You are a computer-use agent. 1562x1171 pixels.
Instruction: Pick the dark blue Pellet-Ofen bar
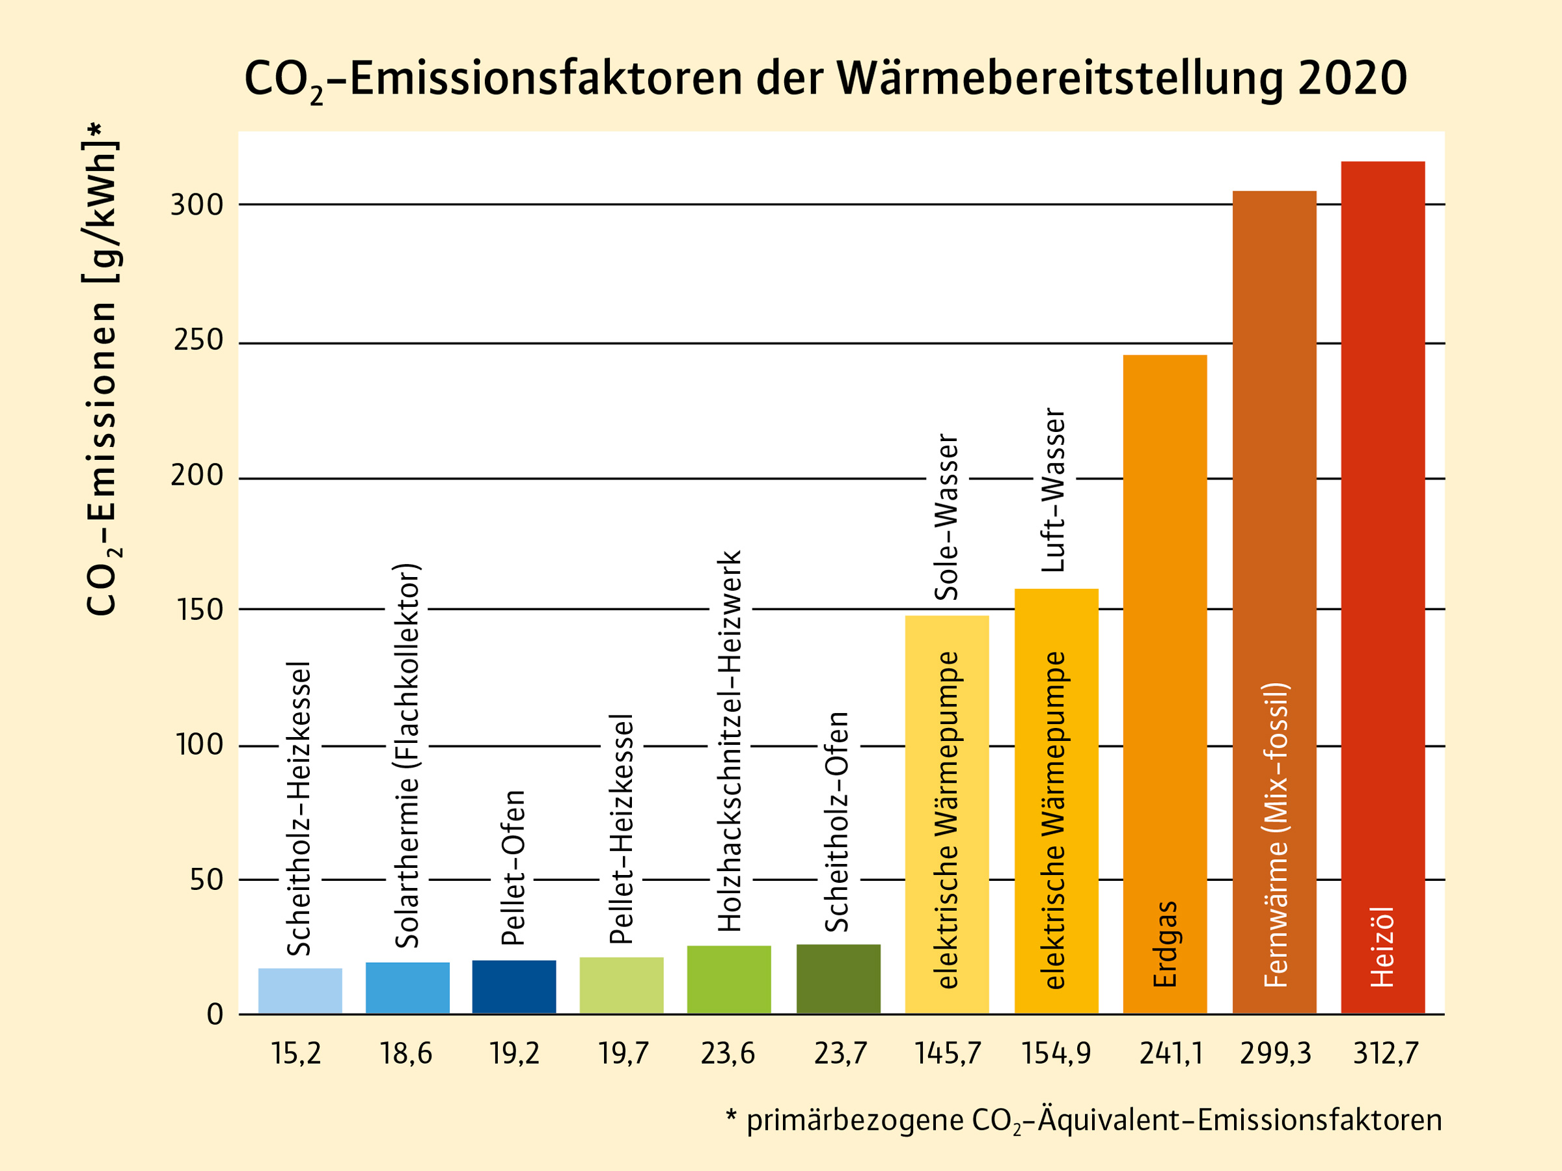(514, 986)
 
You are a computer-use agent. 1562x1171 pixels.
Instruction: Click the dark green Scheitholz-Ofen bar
(838, 978)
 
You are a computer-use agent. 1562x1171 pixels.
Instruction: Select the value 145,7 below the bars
(948, 1054)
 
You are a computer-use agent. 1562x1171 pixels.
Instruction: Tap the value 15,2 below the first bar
(296, 1054)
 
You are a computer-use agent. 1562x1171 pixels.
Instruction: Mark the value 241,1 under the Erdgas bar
(1170, 1054)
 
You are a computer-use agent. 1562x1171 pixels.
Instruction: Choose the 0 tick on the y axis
(215, 1015)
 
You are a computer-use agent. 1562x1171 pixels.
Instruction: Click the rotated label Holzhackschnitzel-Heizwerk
(730, 741)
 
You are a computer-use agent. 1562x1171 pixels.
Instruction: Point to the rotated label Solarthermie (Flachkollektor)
(407, 755)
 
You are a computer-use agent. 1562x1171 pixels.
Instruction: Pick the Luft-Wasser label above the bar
(1054, 491)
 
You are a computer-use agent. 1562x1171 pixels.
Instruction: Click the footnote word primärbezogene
(855, 1120)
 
